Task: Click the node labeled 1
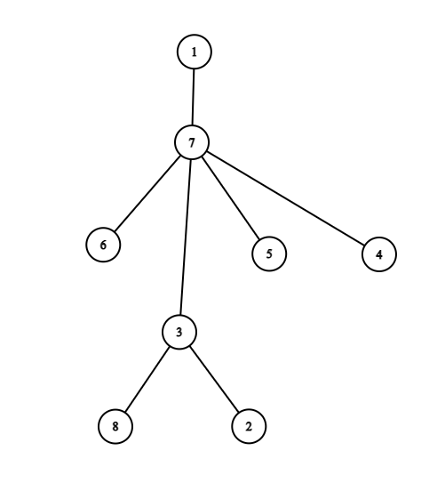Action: [x=195, y=52]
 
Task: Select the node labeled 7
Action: [x=191, y=142]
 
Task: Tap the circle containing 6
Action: [x=103, y=245]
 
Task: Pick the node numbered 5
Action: [x=269, y=254]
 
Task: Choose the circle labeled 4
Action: [x=379, y=254]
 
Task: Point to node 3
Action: [x=179, y=332]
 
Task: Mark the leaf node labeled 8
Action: [x=115, y=426]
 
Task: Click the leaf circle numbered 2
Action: [x=249, y=426]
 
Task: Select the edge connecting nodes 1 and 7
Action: [x=193, y=97]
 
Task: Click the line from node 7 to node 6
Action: [x=147, y=194]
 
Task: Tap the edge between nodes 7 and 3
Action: [x=186, y=237]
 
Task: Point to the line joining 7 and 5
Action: [x=230, y=198]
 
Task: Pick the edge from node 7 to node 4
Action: [x=285, y=198]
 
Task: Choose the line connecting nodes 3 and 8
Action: [x=147, y=379]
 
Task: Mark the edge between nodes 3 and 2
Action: [x=214, y=379]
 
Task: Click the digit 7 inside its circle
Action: [x=191, y=143]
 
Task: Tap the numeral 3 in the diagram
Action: [x=179, y=332]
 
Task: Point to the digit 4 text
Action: [x=379, y=254]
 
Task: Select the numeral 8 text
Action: [x=115, y=426]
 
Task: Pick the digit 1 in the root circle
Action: [x=195, y=52]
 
